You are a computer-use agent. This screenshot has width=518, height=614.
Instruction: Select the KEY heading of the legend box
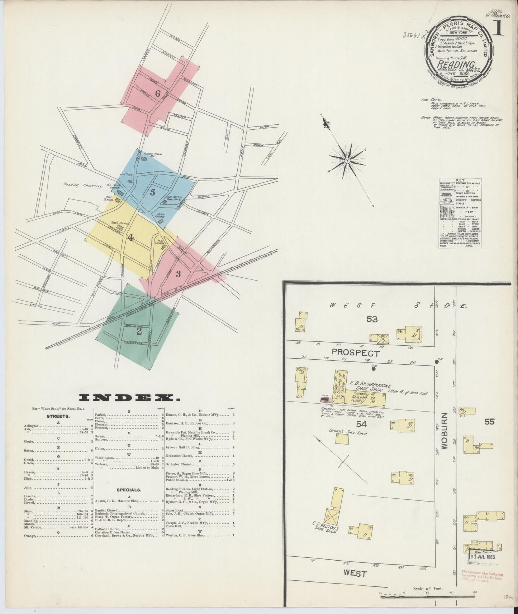[x=460, y=181]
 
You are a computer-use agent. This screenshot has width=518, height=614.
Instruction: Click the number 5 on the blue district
[x=152, y=192]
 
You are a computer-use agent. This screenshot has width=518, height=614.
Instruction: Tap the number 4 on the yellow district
[x=131, y=237]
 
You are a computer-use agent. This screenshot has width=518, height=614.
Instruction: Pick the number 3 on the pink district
[x=178, y=274]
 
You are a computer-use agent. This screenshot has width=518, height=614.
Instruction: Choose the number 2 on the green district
[x=139, y=332]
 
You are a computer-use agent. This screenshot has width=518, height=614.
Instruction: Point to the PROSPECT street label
[x=355, y=353]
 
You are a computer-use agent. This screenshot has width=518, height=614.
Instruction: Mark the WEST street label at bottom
[x=355, y=574]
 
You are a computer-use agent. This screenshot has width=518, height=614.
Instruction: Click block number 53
[x=372, y=319]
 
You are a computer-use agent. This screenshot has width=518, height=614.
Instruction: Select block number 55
[x=489, y=422]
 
